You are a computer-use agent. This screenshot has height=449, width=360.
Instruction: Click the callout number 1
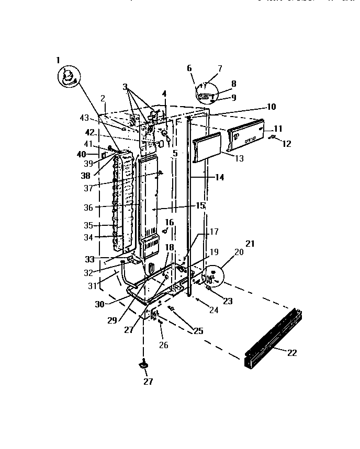58,60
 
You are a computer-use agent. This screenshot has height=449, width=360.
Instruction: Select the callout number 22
292,353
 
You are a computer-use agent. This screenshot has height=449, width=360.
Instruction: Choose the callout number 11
277,128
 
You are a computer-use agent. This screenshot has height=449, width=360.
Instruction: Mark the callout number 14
219,178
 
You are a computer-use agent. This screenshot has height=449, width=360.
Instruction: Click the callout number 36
87,208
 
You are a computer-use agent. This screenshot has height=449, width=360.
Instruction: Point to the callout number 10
271,107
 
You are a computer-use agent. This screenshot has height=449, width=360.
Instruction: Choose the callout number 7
220,68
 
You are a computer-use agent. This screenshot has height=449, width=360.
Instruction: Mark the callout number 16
170,222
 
